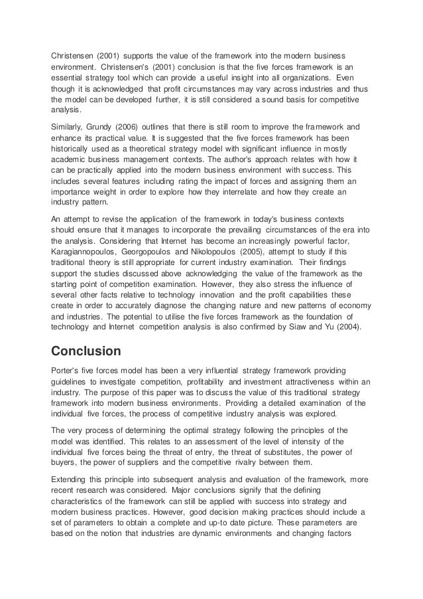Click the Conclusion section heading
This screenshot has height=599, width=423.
[88, 349]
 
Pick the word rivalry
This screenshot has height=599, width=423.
[271, 461]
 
